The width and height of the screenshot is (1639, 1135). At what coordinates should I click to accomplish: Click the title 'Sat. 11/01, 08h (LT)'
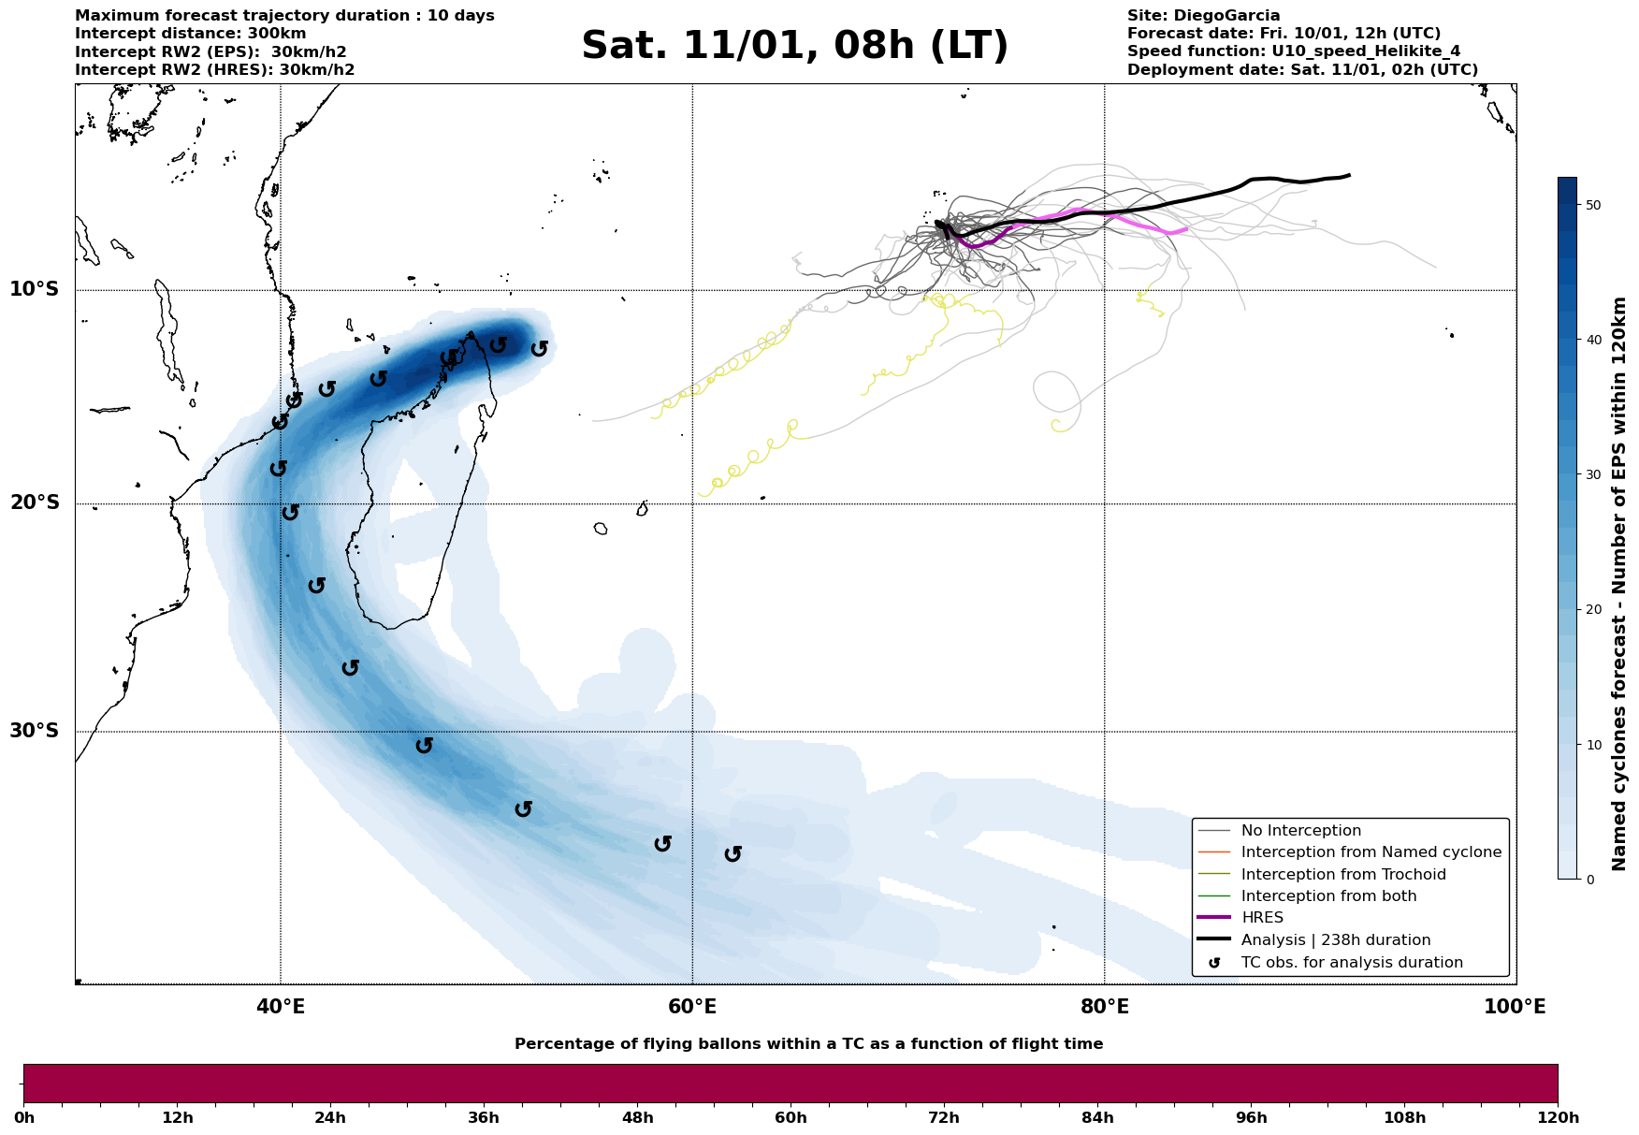point(794,46)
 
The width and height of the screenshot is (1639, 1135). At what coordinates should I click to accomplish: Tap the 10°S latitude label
point(35,289)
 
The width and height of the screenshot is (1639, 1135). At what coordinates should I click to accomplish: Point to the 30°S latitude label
point(35,731)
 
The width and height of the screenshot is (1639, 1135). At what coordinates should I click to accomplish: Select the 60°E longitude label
point(692,1007)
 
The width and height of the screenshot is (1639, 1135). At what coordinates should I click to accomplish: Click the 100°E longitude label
point(1516,1007)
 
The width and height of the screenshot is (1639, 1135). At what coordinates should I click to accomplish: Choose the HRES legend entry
point(1262,918)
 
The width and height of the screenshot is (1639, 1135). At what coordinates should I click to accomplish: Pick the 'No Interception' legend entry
point(1300,831)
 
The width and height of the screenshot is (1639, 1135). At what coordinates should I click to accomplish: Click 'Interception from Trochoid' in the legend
point(1343,875)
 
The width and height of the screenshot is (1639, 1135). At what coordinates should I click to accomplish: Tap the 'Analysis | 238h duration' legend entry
point(1336,940)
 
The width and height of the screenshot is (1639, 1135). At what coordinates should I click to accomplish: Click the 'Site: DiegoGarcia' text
point(1203,16)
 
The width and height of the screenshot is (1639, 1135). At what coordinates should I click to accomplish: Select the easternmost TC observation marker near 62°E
point(732,854)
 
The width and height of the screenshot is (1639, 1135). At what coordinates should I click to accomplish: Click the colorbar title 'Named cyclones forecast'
point(1620,584)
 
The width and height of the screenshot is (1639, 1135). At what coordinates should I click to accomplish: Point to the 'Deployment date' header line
point(1302,70)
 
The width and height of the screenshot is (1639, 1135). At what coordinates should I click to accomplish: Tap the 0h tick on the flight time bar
point(24,1118)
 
